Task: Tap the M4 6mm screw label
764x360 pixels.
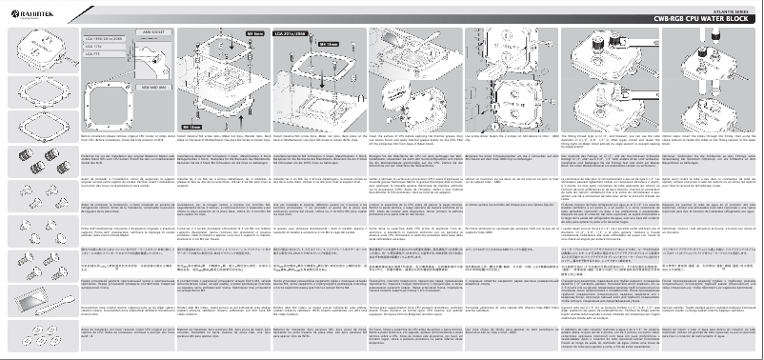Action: [254, 33]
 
